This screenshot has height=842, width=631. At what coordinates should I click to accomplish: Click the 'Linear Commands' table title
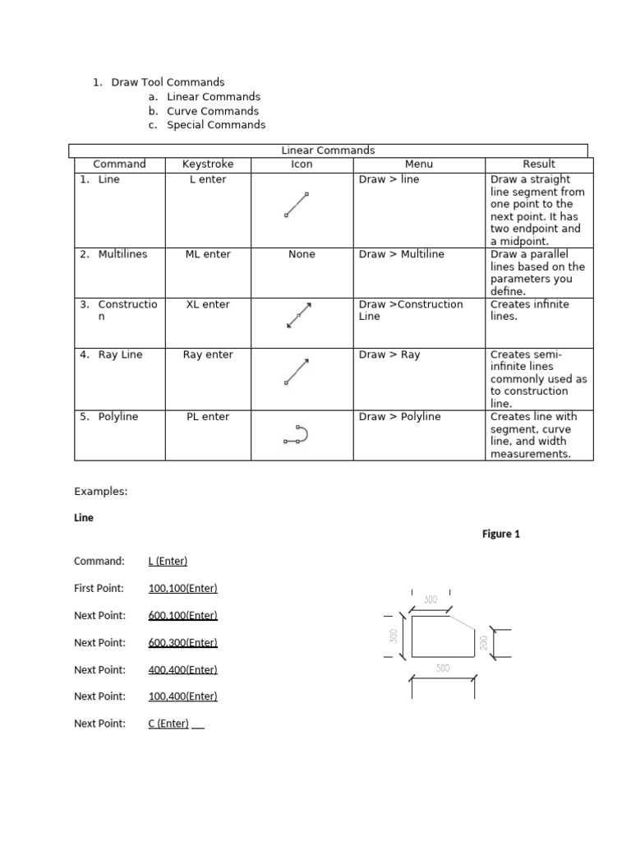click(x=328, y=150)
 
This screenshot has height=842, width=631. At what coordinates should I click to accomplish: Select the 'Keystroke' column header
click(x=207, y=164)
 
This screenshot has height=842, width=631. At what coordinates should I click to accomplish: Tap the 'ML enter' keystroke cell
click(x=207, y=254)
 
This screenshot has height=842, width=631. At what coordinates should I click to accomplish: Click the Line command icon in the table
click(x=297, y=205)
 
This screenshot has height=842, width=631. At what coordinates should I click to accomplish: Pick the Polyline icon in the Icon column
click(x=296, y=435)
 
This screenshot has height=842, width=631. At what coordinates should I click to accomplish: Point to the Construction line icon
click(x=299, y=315)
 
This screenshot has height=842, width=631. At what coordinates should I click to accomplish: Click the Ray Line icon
click(x=297, y=372)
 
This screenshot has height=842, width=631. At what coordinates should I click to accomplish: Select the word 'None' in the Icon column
click(x=302, y=254)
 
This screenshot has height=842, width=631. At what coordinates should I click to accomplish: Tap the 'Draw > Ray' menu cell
click(x=389, y=354)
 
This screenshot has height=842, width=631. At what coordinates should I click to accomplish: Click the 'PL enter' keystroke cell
click(x=207, y=417)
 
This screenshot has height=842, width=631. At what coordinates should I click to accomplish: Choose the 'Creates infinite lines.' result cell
click(x=529, y=310)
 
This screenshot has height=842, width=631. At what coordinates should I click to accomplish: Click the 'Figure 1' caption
click(x=500, y=534)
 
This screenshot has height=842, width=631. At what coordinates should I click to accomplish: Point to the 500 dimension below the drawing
click(x=443, y=669)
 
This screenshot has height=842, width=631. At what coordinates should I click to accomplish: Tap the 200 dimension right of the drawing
click(x=484, y=643)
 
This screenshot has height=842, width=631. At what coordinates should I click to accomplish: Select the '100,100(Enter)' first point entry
click(x=182, y=588)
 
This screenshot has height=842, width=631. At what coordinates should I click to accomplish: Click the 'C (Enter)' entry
click(x=168, y=724)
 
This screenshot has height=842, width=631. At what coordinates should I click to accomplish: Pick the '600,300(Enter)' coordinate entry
click(x=182, y=642)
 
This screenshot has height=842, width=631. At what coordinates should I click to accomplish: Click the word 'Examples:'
click(x=101, y=491)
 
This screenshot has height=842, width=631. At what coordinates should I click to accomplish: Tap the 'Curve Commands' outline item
click(x=212, y=111)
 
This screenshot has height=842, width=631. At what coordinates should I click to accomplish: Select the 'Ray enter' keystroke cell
click(x=207, y=354)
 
